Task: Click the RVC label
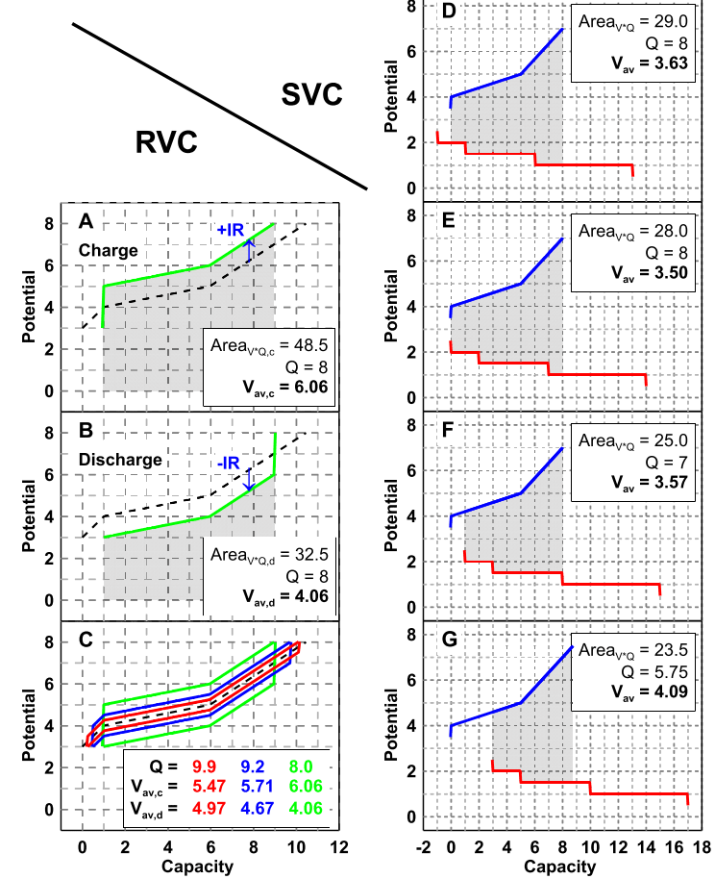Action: [166, 142]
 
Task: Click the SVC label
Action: [311, 93]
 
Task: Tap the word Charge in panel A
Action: [109, 250]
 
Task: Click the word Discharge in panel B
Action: [121, 459]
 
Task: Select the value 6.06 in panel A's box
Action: [305, 382]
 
